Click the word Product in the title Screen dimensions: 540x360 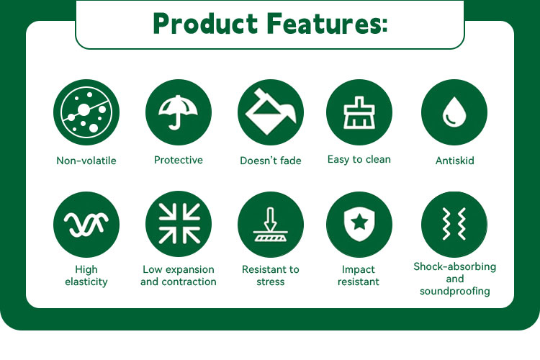tap(205, 23)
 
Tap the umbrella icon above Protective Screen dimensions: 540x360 tap(179, 112)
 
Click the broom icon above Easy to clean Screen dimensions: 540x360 tap(359, 112)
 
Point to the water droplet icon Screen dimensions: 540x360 tap(454, 112)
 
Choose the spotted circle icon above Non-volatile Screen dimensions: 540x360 tap(86, 112)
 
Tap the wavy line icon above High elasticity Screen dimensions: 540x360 tap(86, 225)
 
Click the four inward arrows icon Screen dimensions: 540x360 tap(179, 224)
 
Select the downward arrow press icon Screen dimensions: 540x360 tap(271, 224)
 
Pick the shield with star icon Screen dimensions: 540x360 tap(359, 224)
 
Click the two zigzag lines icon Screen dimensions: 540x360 tap(454, 224)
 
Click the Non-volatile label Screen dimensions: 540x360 tap(86, 161)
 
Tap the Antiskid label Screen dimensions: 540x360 tap(454, 161)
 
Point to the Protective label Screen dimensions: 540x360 tap(179, 160)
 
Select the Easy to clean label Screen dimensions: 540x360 tap(359, 160)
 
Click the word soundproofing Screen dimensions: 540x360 tap(454, 291)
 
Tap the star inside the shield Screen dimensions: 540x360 tap(359, 222)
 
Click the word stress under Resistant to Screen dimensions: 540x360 tap(271, 282)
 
